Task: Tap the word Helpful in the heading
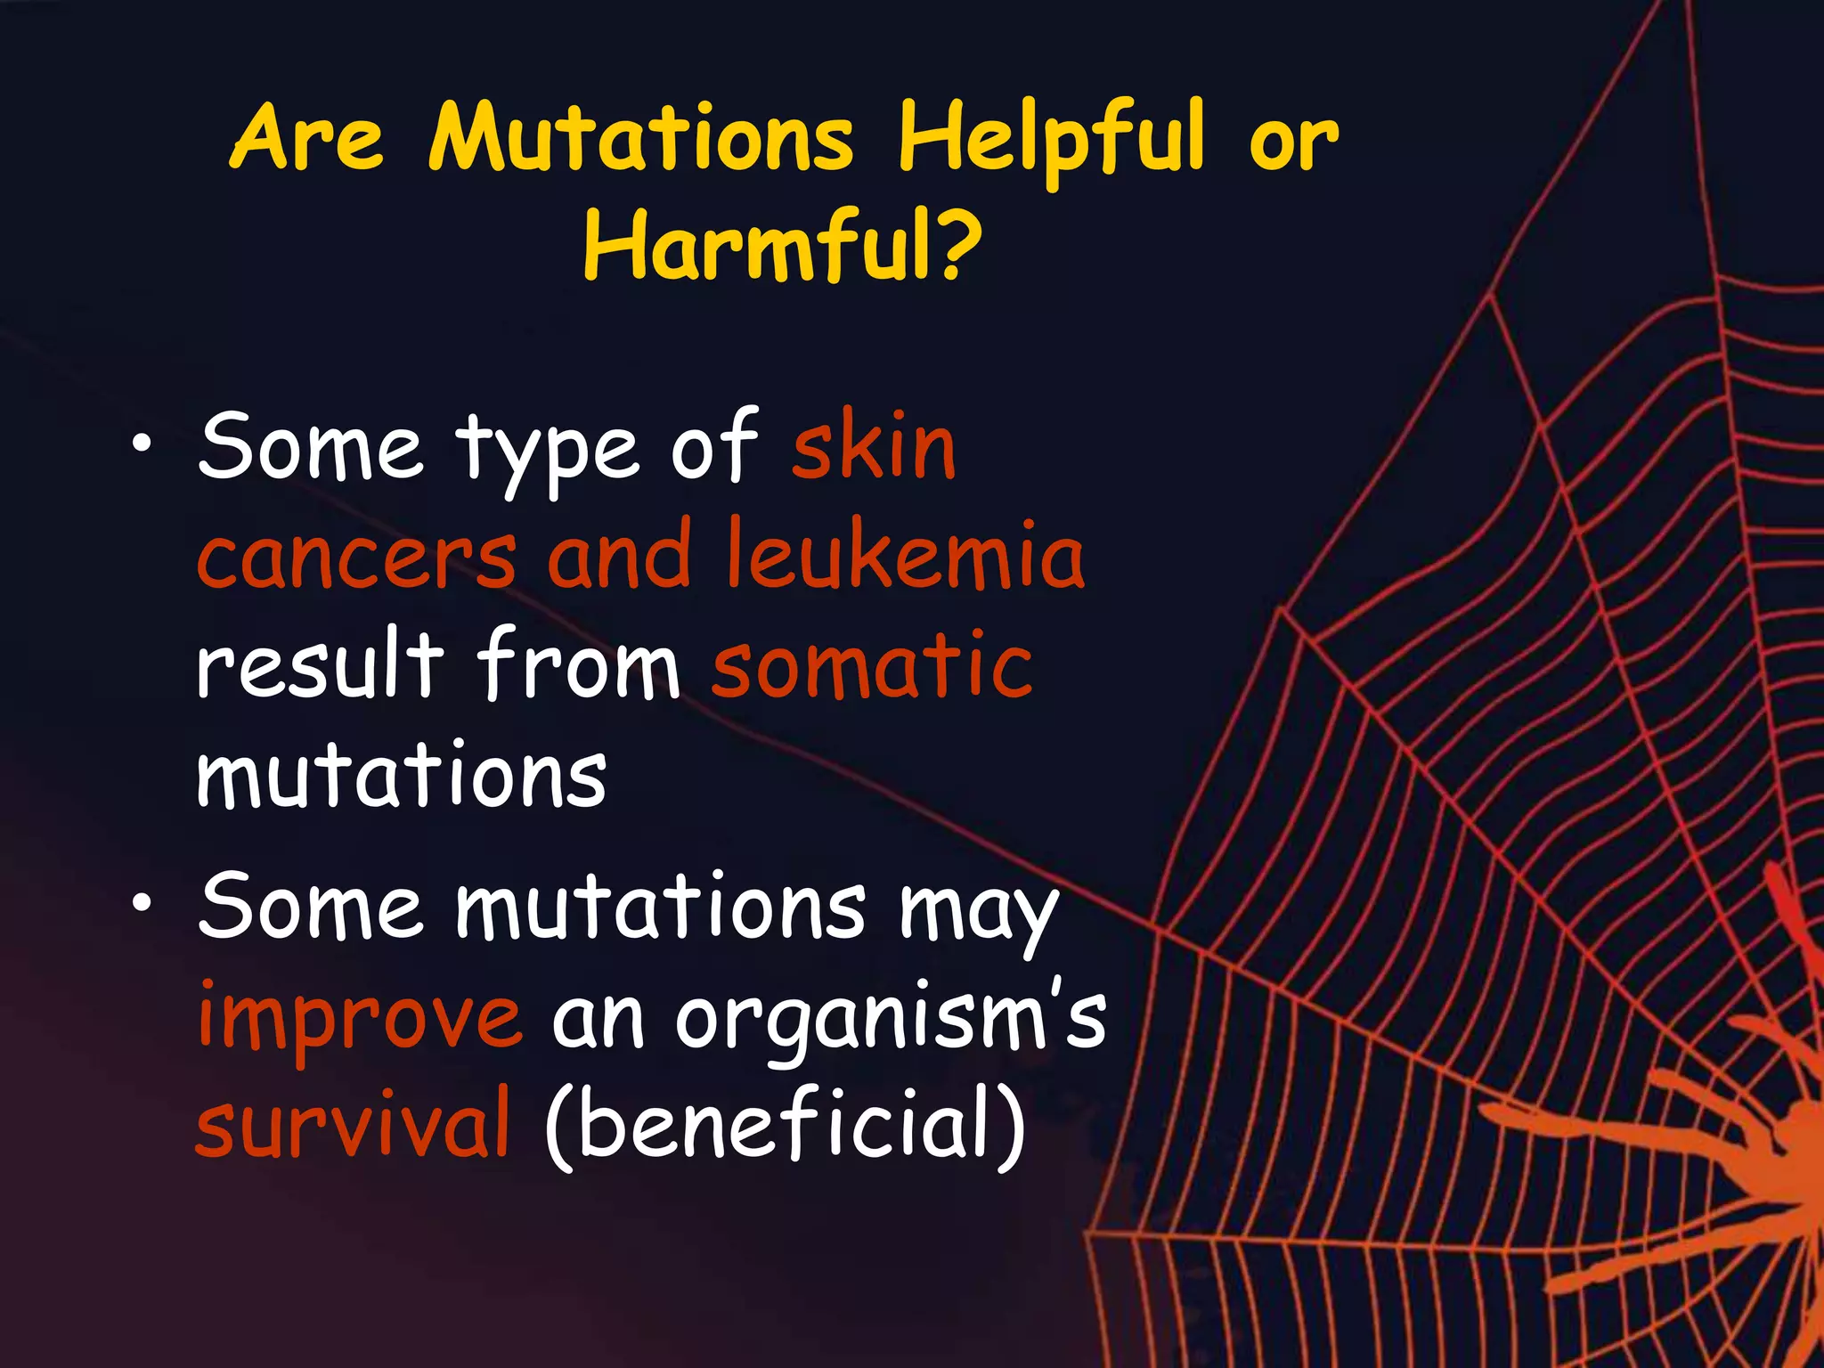tap(1051, 138)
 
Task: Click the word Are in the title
tap(307, 138)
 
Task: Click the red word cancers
tap(356, 557)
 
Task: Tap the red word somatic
tap(873, 664)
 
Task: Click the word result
tap(319, 664)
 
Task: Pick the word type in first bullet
tap(548, 450)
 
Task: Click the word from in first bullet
tap(579, 664)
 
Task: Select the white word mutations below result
tap(401, 775)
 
